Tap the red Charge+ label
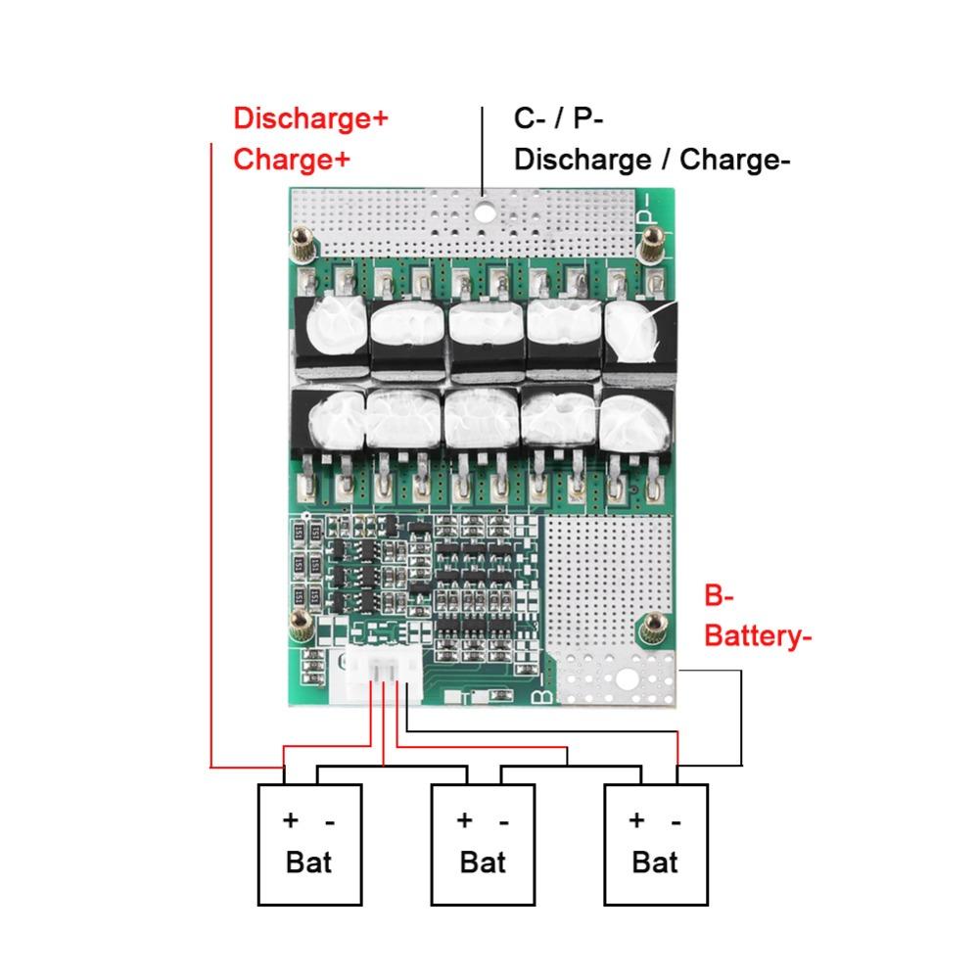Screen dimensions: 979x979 coord(291,159)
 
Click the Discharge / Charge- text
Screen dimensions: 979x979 coord(652,159)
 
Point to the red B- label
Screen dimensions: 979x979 coord(720,596)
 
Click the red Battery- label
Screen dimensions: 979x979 coord(759,636)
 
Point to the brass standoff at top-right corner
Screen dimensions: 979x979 coord(648,248)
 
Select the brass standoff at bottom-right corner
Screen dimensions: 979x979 coord(649,626)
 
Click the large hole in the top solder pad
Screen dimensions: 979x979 coord(484,210)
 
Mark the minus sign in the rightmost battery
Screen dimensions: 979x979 coord(676,820)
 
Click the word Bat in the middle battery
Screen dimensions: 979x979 coord(483,862)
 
